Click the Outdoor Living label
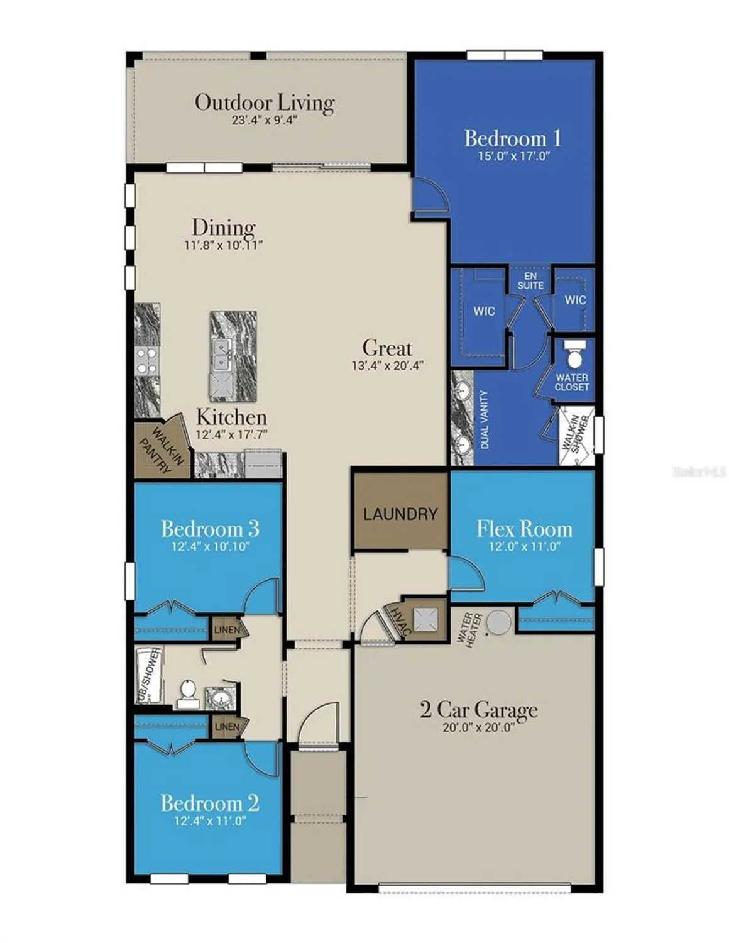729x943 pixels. click(264, 102)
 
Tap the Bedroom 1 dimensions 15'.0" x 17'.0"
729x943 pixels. click(513, 156)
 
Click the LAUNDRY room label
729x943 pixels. click(400, 514)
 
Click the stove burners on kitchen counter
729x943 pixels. click(147, 361)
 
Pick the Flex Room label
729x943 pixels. click(524, 529)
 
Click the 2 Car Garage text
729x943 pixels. click(478, 710)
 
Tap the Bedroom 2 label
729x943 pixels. click(209, 803)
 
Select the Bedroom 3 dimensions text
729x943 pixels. click(210, 546)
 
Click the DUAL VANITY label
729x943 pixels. click(484, 419)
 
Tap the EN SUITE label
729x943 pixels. click(530, 280)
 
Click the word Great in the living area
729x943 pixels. click(387, 348)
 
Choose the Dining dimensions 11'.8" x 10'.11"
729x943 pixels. click(223, 245)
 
